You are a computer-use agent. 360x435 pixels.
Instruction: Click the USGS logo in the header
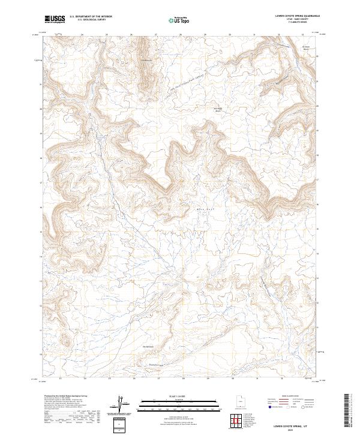(x=55, y=19)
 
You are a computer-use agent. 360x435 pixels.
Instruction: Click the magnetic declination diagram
(x=124, y=403)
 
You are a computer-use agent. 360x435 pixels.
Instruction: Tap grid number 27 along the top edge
(x=156, y=35)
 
